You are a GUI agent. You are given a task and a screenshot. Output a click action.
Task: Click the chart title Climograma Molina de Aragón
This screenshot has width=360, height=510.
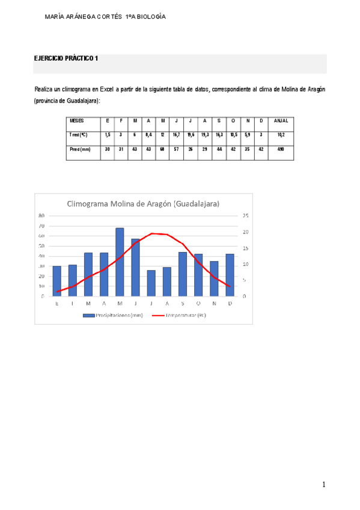point(144,203)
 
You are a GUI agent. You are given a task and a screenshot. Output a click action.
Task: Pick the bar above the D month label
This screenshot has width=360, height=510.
point(230,275)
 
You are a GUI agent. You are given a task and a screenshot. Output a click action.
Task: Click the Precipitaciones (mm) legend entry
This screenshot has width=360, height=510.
point(114,315)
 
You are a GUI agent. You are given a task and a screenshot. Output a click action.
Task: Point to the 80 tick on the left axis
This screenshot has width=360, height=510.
point(41,215)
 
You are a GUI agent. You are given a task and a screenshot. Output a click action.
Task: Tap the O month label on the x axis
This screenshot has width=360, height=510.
point(198,303)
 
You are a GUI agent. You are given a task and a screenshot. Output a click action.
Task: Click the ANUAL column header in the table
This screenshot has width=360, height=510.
point(281,121)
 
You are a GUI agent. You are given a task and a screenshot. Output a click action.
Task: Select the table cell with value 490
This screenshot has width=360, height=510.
point(281,149)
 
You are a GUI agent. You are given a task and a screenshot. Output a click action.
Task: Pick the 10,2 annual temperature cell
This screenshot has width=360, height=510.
point(281,135)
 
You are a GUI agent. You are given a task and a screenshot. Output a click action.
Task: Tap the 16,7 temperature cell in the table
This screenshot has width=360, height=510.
point(176,135)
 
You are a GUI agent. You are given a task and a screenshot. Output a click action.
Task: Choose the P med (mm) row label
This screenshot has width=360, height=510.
point(80,149)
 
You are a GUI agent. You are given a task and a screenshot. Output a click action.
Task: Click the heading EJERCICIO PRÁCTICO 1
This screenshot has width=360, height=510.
point(66,58)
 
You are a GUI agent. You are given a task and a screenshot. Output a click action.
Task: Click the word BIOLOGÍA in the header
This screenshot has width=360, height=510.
point(148,17)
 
